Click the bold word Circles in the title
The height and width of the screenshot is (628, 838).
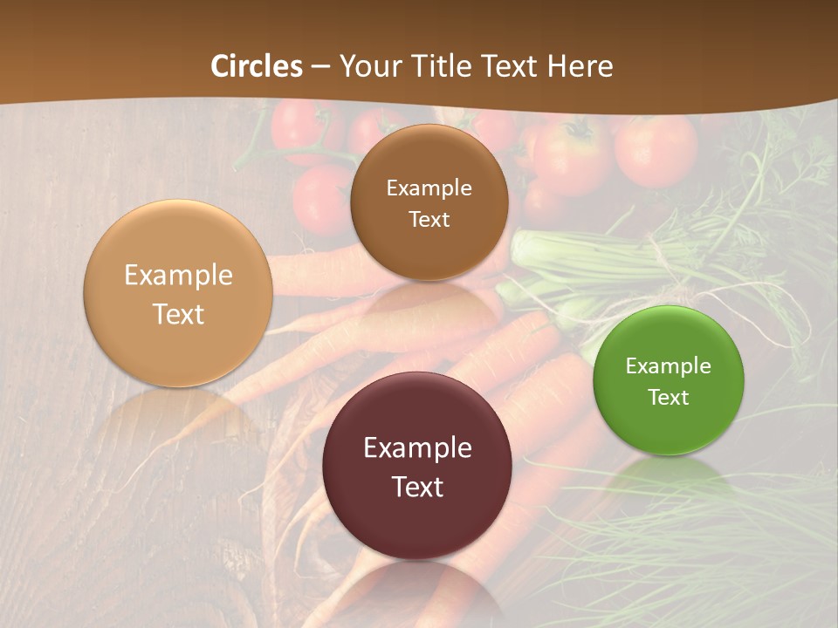pyautogui.click(x=257, y=66)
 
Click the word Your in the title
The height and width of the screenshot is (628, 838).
pyautogui.click(x=368, y=66)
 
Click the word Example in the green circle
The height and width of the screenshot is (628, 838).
pyautogui.click(x=669, y=366)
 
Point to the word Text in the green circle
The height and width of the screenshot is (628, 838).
pyautogui.click(x=669, y=398)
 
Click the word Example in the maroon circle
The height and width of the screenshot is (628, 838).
pyautogui.click(x=417, y=448)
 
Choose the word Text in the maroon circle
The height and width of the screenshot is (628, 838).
pyautogui.click(x=417, y=487)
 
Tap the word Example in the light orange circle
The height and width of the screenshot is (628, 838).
pyautogui.click(x=178, y=276)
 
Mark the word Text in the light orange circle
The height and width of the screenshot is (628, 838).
pyautogui.click(x=178, y=314)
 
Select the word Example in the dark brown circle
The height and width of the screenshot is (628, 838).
pyautogui.click(x=429, y=188)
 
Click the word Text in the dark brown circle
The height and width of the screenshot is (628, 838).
pyautogui.click(x=429, y=220)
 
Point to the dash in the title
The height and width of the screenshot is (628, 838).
pyautogui.click(x=320, y=66)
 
